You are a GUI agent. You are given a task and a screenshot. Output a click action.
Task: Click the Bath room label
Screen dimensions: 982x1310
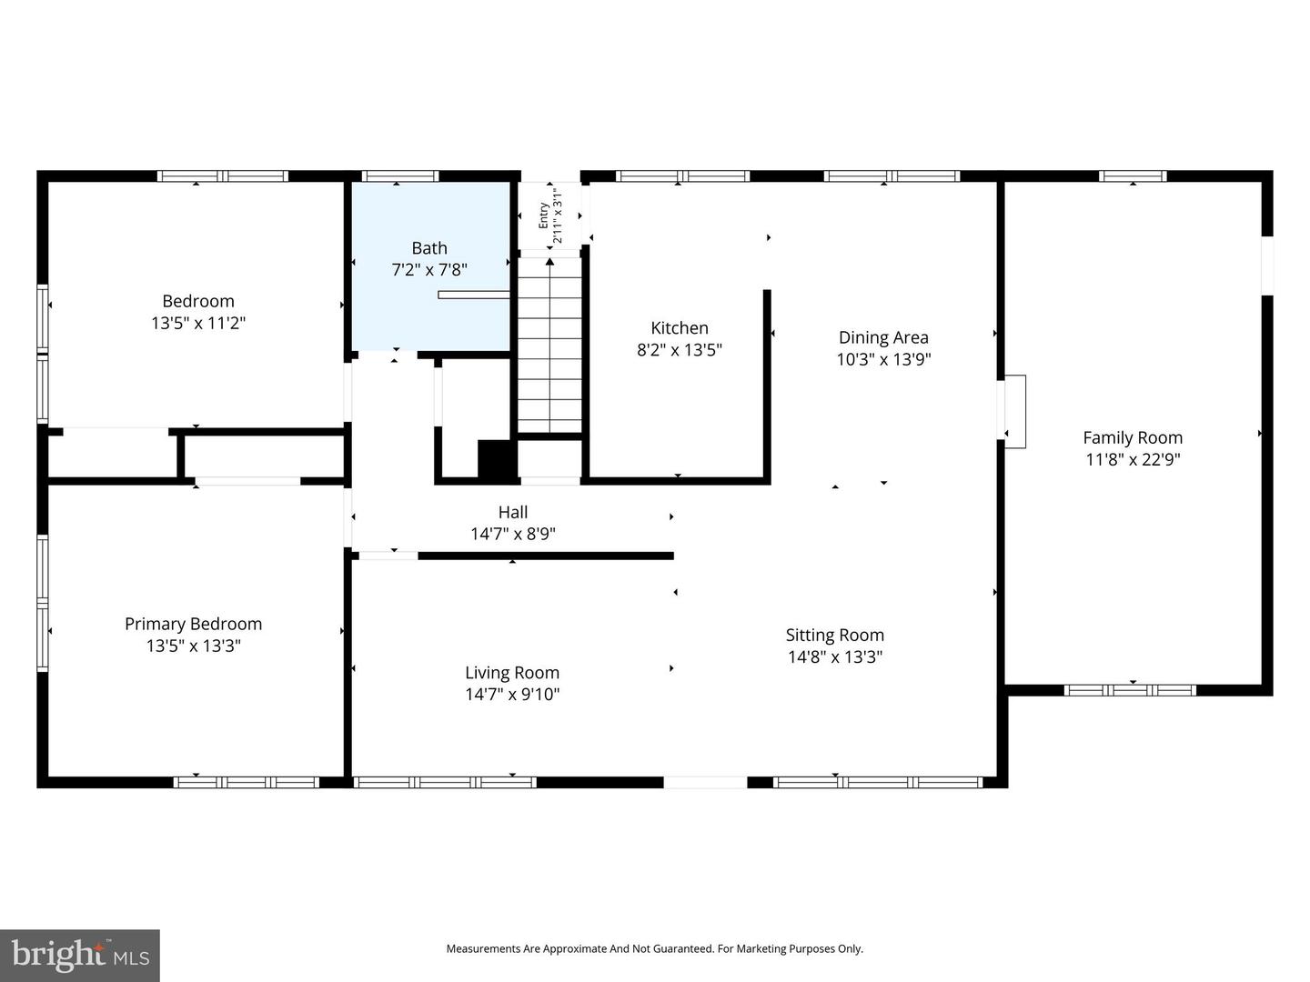[x=429, y=248]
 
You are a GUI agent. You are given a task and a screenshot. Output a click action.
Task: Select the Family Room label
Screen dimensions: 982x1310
[x=1133, y=437]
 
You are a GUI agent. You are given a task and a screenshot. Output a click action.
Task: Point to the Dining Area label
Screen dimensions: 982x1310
[x=882, y=337]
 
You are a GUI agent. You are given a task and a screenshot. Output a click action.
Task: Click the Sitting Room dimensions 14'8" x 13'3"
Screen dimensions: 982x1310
[x=834, y=657]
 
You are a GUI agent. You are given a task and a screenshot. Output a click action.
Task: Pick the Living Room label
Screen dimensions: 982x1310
[x=511, y=673]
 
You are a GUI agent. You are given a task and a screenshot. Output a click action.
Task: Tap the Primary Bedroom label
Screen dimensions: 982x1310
[x=193, y=624]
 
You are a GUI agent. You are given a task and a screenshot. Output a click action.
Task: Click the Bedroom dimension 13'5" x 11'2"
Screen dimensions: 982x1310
[x=198, y=323]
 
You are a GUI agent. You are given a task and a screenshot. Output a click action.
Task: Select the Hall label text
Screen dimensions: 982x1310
[x=512, y=513]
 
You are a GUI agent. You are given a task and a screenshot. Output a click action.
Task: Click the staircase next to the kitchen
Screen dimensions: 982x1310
[x=549, y=346]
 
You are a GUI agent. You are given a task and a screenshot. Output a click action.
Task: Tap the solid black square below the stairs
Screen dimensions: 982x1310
[x=496, y=458]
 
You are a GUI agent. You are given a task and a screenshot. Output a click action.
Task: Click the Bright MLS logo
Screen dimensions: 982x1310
[x=80, y=955]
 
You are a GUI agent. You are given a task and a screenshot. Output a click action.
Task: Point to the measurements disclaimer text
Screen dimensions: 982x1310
[x=654, y=948]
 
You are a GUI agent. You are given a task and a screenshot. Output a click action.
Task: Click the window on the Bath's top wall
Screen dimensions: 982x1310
[x=399, y=176]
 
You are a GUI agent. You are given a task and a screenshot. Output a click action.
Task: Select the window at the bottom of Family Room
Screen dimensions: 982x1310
[x=1130, y=690]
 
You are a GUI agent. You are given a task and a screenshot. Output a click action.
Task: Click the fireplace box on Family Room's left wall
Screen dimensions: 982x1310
[x=1013, y=412]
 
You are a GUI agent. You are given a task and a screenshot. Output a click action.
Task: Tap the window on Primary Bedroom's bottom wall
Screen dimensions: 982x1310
[x=246, y=782]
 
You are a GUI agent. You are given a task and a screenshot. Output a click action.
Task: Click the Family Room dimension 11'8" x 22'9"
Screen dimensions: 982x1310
[x=1133, y=460]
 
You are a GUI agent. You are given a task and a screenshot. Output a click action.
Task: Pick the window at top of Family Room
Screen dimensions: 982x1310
[x=1133, y=176]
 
